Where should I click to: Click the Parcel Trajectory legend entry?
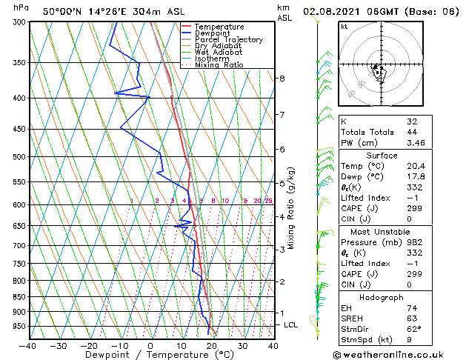228,40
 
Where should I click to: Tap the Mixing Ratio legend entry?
219,65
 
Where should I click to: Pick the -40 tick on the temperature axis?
27,346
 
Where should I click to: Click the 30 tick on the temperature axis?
242,346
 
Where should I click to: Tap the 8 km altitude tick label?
282,79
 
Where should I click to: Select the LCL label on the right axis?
291,325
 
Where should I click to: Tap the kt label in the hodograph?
344,27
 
